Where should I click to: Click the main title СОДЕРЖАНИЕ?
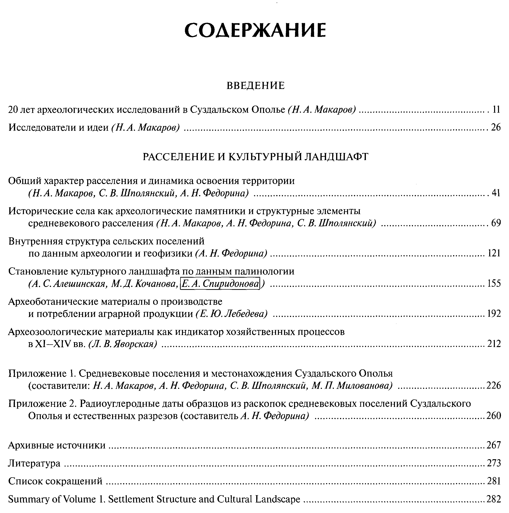point(255,30)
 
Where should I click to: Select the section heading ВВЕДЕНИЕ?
point(255,86)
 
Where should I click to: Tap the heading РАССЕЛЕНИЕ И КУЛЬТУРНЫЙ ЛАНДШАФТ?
point(255,157)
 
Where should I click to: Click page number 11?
point(496,109)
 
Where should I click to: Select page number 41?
point(496,193)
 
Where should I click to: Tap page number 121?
point(494,253)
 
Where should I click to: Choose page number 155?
point(494,284)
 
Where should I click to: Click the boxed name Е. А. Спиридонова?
point(220,284)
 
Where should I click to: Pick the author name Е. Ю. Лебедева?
point(231,314)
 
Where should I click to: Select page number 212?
point(494,344)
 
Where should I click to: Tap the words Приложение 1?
point(42,374)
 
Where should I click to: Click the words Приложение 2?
point(42,404)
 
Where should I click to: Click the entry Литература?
point(34,463)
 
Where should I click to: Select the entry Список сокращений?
point(55,481)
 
